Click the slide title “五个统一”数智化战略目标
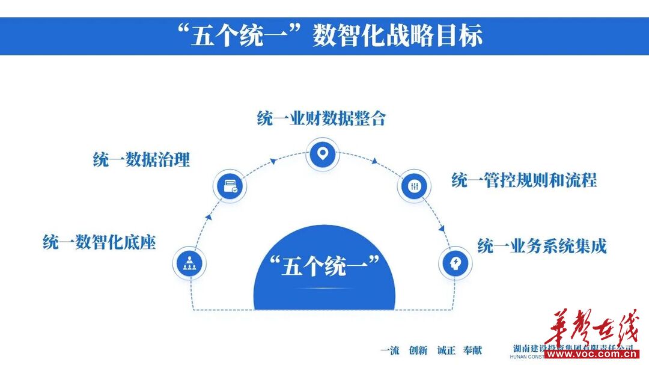[325, 36]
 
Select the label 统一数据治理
[141, 160]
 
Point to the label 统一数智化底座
[99, 243]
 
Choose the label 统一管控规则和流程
[524, 180]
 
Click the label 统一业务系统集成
[541, 246]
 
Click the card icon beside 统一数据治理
[231, 186]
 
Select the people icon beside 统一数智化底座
[189, 263]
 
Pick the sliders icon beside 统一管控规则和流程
[414, 186]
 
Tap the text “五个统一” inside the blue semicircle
[324, 265]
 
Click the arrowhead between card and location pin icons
[273, 160]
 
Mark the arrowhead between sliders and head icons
[442, 229]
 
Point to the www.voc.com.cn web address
[591, 354]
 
